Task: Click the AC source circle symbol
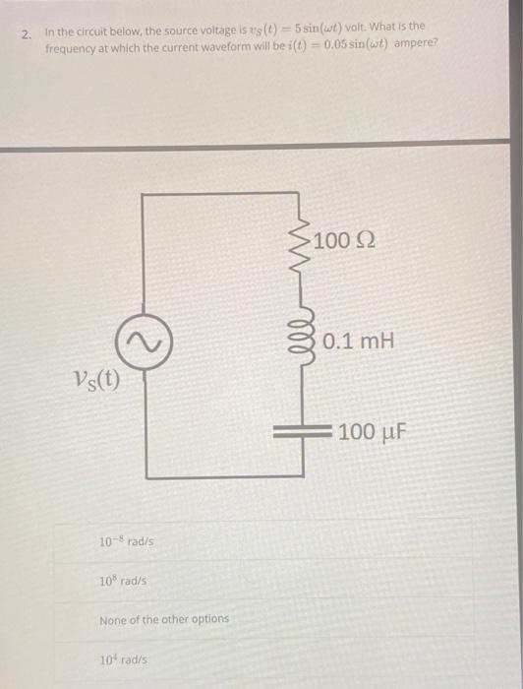146,342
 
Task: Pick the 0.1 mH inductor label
358,342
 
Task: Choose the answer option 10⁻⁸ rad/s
126,541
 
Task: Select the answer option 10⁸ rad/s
124,581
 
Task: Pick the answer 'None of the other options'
164,619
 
